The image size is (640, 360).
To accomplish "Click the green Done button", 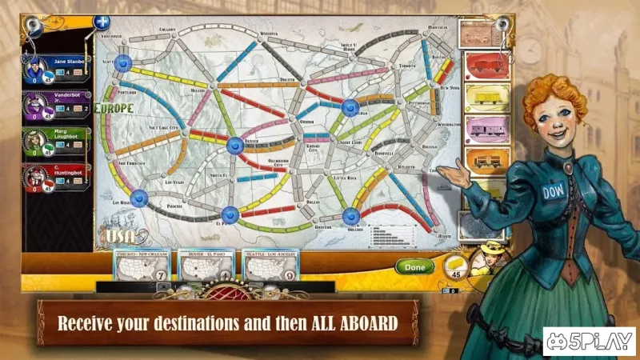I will pyautogui.click(x=414, y=267).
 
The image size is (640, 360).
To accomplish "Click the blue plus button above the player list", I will pyautogui.click(x=102, y=22).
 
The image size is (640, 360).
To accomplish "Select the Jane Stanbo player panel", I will pyautogui.click(x=56, y=68).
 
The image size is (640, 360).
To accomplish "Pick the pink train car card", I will pyautogui.click(x=482, y=128).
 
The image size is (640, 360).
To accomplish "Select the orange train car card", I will pyautogui.click(x=482, y=160).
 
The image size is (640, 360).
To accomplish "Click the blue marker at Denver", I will pyautogui.click(x=234, y=146).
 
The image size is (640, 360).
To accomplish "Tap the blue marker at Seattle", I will pyautogui.click(x=124, y=62).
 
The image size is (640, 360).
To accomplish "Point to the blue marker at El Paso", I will pyautogui.click(x=230, y=214).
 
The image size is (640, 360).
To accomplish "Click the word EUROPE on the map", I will pyautogui.click(x=114, y=108).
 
